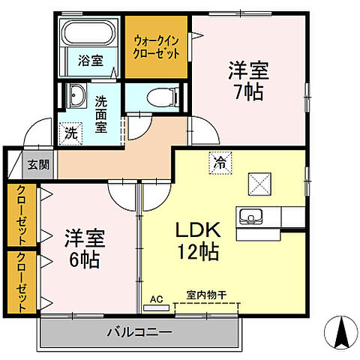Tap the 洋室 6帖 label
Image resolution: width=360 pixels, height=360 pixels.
(x=83, y=249)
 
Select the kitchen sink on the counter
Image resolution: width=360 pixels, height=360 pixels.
(x=250, y=217)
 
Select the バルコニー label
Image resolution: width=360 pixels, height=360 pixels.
(x=138, y=331)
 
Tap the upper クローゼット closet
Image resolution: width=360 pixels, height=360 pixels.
(x=21, y=215)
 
